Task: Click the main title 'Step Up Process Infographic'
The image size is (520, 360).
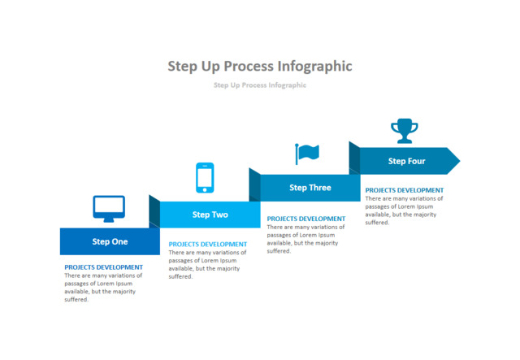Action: click(260, 66)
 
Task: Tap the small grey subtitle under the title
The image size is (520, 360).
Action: click(260, 85)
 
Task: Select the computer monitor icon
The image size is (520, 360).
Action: click(109, 209)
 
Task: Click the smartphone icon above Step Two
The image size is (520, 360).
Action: click(205, 178)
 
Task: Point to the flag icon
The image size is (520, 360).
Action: click(307, 153)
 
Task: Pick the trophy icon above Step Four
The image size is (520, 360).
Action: click(404, 130)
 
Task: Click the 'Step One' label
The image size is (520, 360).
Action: click(110, 241)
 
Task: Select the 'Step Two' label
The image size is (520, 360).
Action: click(210, 215)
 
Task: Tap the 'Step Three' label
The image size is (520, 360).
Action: click(310, 188)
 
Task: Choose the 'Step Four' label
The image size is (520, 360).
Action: click(406, 161)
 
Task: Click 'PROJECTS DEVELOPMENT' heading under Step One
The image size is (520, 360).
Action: click(103, 267)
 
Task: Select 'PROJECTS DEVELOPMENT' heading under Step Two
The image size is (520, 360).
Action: click(207, 244)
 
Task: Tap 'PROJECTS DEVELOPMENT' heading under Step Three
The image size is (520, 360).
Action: click(306, 218)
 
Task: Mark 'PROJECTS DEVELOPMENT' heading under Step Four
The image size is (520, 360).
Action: click(404, 190)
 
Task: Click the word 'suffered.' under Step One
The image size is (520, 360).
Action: click(76, 300)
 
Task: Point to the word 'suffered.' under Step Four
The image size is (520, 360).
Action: click(377, 223)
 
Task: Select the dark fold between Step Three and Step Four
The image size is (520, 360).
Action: click(354, 158)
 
